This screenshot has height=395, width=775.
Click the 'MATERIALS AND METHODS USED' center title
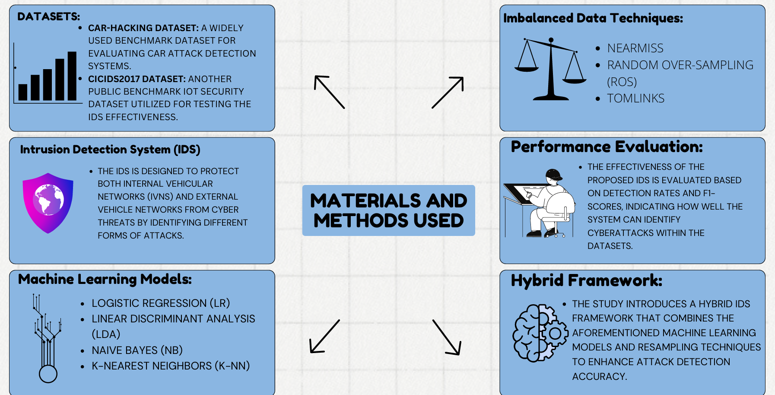coord(388,210)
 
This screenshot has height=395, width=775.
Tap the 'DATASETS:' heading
coord(48,16)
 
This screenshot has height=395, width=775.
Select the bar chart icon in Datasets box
coord(48,73)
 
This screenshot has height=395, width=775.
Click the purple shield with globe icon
coord(48,203)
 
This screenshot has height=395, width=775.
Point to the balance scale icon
coord(551,69)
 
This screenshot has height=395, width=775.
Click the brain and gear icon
coord(540,333)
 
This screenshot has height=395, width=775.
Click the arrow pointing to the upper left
coord(329,92)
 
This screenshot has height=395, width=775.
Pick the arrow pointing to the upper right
coord(448,92)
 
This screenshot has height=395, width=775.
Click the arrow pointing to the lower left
coord(325,336)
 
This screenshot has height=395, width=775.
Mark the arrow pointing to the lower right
coord(447,338)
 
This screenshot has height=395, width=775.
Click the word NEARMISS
coord(635,48)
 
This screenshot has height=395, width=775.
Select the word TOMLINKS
coord(635,99)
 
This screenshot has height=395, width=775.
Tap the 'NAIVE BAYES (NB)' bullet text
coord(137,350)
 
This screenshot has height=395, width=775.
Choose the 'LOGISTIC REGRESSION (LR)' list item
coord(161,303)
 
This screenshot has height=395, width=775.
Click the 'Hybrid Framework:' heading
coord(586,280)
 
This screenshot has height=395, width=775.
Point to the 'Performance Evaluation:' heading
coord(607,147)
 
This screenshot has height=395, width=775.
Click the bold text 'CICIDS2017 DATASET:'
coord(137,79)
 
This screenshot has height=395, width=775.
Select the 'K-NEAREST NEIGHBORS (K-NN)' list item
coord(171,366)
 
